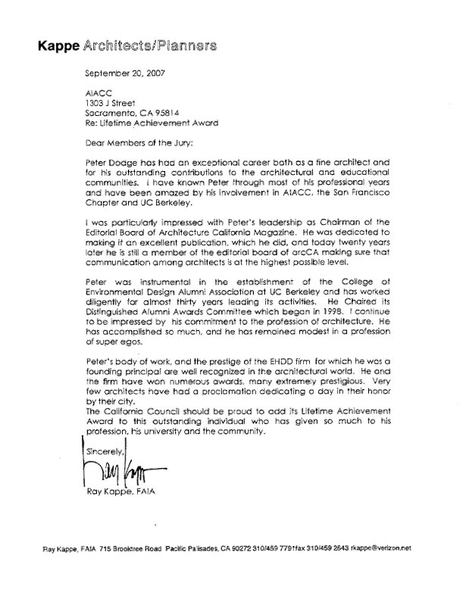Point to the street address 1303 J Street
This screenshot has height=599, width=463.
coord(114,108)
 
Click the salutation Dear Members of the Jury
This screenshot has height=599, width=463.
coord(136,150)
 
